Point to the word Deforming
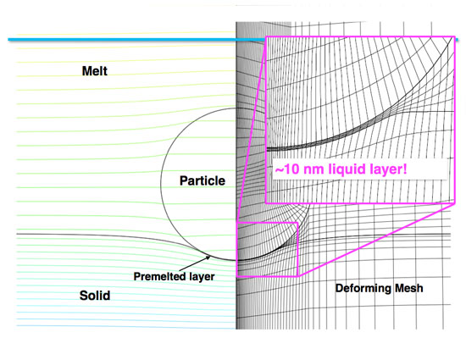(363, 290)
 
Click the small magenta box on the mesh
(267, 249)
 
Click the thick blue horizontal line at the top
(127, 40)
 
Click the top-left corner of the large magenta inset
(267, 36)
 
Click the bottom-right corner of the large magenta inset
(452, 203)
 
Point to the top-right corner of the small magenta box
(298, 223)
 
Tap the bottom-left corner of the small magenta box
(236, 276)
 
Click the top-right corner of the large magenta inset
(452, 36)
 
